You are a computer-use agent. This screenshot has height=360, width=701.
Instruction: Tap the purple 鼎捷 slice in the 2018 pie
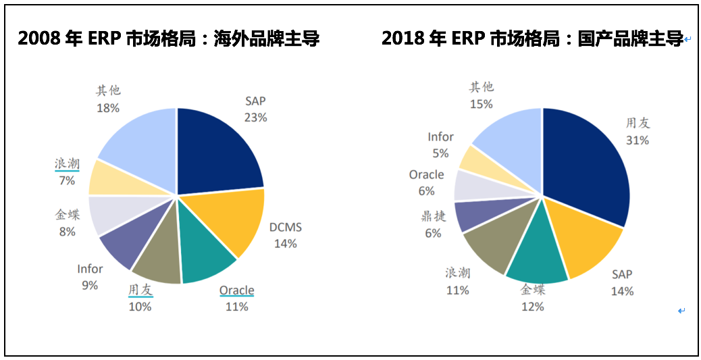pyautogui.click(x=470, y=215)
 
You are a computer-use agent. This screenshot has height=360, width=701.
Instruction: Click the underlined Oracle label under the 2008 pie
pyautogui.click(x=236, y=291)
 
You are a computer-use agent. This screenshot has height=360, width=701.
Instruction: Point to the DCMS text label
pyautogui.click(x=285, y=228)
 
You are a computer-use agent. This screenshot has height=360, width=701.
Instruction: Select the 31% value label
pyautogui.click(x=637, y=140)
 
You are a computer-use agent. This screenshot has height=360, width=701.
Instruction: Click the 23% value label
pyautogui.click(x=255, y=117)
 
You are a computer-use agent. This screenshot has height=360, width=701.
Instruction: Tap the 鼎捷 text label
pyautogui.click(x=432, y=216)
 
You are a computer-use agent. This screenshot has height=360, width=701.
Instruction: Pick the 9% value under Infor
pyautogui.click(x=90, y=285)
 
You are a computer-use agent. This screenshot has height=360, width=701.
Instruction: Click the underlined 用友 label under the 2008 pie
pyautogui.click(x=140, y=290)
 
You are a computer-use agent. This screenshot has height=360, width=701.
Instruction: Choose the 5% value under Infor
pyautogui.click(x=440, y=153)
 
